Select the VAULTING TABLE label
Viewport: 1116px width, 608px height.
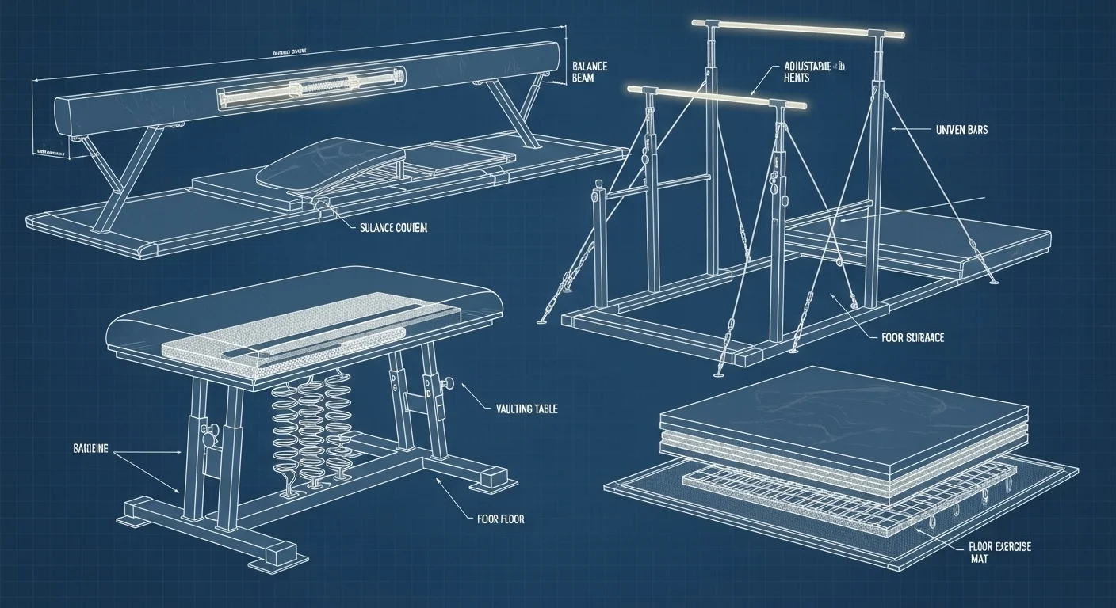click(x=526, y=408)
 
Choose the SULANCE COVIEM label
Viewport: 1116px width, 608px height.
click(x=394, y=228)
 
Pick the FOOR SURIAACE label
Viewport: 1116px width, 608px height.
click(x=912, y=337)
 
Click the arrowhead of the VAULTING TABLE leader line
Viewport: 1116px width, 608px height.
click(x=461, y=389)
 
